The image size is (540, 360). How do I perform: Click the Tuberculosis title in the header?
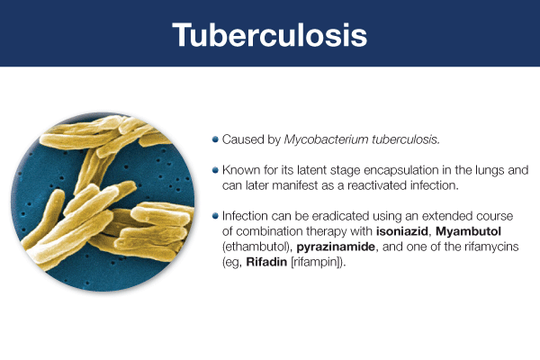click(270, 35)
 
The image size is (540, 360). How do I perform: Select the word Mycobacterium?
click(326, 139)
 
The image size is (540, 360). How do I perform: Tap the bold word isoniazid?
click(402, 231)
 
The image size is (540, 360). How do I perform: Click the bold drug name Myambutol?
click(468, 231)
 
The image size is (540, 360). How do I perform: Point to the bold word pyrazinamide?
click(336, 247)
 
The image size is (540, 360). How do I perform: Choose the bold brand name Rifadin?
click(266, 262)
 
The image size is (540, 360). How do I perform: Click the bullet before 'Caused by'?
click(216, 139)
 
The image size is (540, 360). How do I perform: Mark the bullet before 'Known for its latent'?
click(216, 170)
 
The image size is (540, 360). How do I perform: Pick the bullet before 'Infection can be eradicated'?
click(216, 216)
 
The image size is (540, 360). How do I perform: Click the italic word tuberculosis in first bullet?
click(406, 139)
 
